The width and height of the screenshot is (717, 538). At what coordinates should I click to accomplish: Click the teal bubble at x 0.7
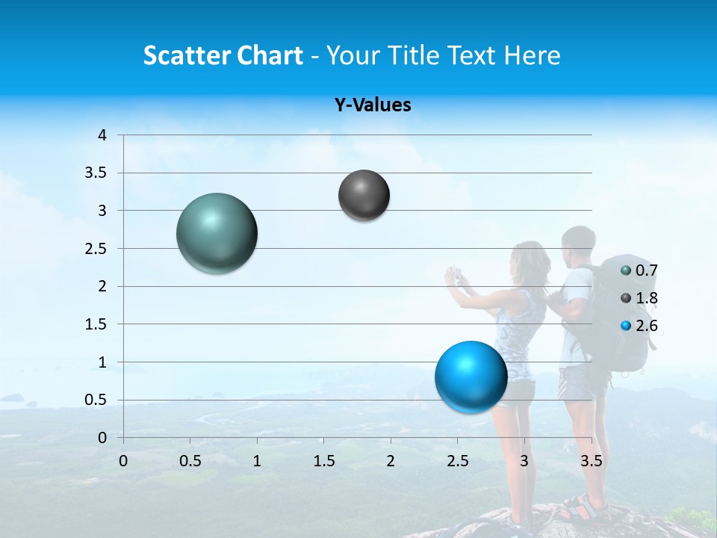tap(217, 233)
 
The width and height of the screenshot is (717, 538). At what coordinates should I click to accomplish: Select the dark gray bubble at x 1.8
tap(364, 195)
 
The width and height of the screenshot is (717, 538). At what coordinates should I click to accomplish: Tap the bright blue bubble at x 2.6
tap(471, 377)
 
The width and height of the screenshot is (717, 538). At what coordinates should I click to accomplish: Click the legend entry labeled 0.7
tap(639, 270)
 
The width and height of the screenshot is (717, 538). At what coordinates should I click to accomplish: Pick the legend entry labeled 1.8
tap(639, 298)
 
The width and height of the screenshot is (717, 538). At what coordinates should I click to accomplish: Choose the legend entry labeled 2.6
tap(639, 326)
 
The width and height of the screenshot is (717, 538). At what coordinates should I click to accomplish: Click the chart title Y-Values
tap(372, 105)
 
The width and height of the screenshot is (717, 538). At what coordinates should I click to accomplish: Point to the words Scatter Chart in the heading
tap(223, 55)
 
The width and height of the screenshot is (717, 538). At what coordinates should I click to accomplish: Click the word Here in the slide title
tap(532, 55)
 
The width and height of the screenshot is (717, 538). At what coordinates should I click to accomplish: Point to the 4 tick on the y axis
tap(102, 135)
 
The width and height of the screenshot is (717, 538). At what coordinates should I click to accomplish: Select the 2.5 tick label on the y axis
tap(96, 249)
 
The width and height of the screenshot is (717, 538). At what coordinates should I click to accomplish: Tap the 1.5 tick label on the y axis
tap(96, 324)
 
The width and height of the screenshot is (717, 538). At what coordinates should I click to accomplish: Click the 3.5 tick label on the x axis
tap(591, 461)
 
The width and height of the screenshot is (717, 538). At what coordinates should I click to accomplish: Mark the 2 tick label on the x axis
tap(390, 461)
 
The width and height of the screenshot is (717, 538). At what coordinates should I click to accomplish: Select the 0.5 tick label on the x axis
tap(190, 461)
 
